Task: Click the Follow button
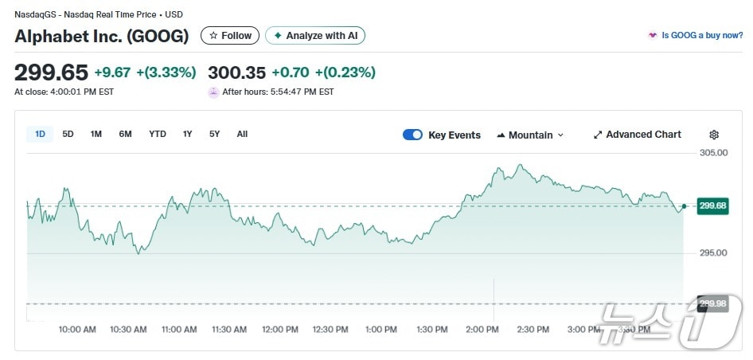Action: click(x=230, y=36)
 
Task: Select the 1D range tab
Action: click(x=40, y=134)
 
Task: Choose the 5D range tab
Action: click(x=68, y=134)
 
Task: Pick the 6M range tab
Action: click(x=125, y=134)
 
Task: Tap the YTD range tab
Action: click(x=158, y=134)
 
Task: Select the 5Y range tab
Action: click(x=214, y=134)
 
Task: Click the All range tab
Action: click(x=242, y=134)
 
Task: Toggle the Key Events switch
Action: click(x=412, y=135)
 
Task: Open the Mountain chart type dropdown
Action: click(x=529, y=135)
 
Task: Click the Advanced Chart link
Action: click(x=637, y=135)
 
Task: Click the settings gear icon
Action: click(x=713, y=135)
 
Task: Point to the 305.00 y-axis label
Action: click(x=712, y=153)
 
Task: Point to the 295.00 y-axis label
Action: click(x=712, y=253)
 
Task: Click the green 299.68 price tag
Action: click(x=712, y=206)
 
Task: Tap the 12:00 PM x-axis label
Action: click(x=280, y=329)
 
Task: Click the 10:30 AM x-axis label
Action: click(x=128, y=329)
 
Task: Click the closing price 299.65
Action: click(x=51, y=72)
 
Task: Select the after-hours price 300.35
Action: click(x=236, y=72)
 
